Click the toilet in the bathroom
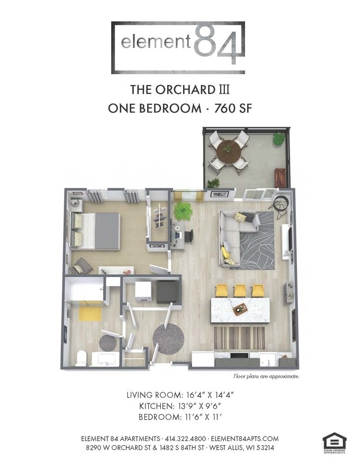tap(82, 358)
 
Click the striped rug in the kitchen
tap(239, 338)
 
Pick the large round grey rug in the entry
tap(168, 338)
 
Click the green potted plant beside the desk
tap(182, 211)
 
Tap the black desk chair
tap(189, 236)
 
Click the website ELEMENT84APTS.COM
tap(245, 438)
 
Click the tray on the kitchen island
tap(240, 310)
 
